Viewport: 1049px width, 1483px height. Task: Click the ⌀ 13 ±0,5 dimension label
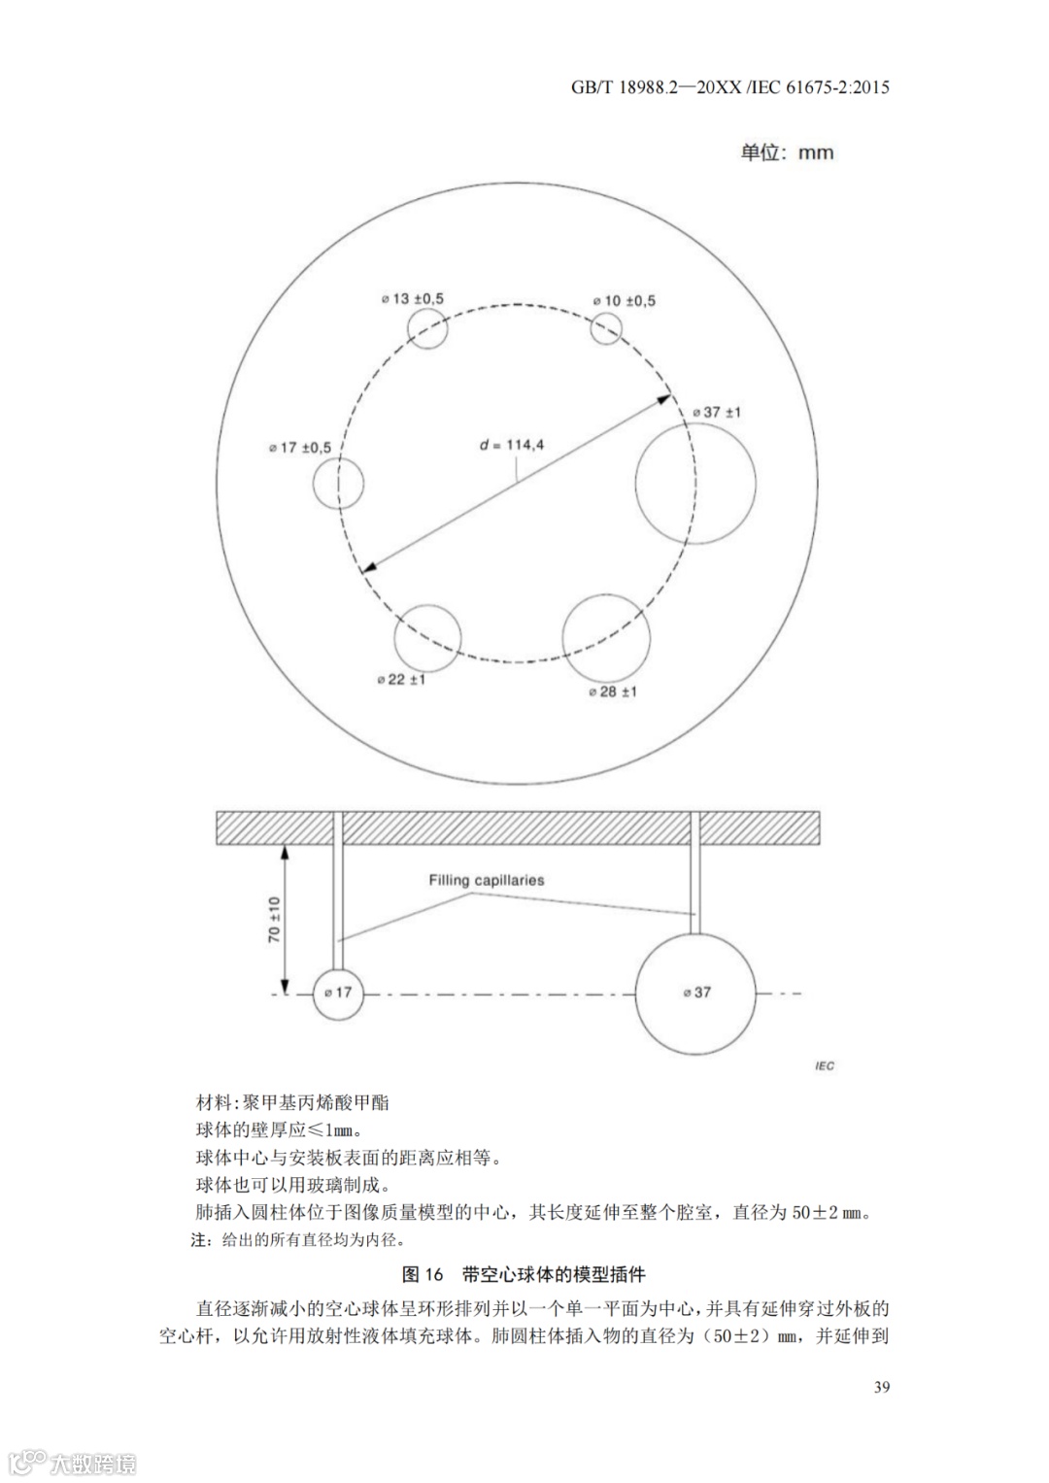(412, 299)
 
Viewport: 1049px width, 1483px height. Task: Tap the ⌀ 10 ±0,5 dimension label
(625, 301)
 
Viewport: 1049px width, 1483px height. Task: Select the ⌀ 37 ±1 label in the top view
(717, 412)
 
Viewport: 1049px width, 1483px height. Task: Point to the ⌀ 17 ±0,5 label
(300, 448)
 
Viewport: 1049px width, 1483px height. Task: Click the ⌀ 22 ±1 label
(401, 680)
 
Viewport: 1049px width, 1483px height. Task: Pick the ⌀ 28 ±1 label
(613, 691)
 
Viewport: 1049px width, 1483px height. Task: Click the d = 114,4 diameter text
(512, 445)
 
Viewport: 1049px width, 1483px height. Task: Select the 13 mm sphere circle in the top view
(427, 328)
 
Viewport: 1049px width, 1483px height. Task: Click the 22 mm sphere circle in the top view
(427, 639)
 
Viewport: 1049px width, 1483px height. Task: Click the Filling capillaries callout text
(487, 881)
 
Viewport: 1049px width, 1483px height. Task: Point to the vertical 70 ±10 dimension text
(275, 920)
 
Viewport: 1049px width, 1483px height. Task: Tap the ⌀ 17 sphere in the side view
(337, 994)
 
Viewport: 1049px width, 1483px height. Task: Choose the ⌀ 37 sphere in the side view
(695, 994)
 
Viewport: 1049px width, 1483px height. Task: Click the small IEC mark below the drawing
(824, 1066)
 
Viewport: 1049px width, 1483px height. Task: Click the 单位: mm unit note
(787, 152)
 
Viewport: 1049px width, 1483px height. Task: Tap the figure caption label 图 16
(423, 1274)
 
